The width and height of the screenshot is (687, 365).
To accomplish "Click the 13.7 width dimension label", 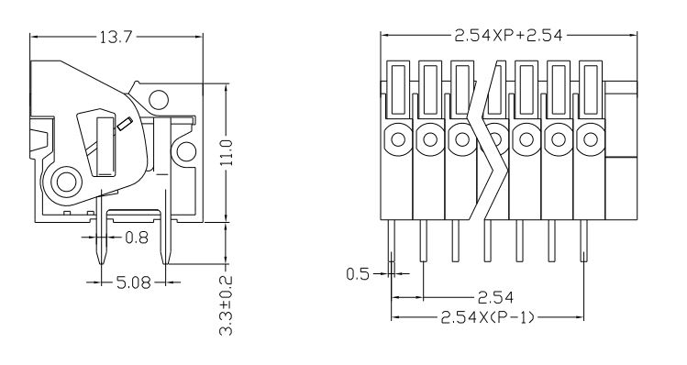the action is (116, 38).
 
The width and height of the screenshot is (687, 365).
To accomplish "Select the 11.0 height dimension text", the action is (227, 153).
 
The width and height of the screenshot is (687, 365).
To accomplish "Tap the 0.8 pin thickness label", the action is (137, 238).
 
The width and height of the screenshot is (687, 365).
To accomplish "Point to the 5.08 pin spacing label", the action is (134, 282).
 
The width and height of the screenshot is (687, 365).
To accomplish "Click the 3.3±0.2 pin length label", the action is (226, 305).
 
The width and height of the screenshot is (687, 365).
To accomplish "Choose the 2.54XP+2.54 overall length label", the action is (508, 36).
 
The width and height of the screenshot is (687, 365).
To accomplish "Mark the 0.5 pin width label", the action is (358, 274).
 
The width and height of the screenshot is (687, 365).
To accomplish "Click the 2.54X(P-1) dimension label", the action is (488, 316).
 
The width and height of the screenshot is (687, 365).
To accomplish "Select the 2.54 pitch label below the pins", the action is (495, 298).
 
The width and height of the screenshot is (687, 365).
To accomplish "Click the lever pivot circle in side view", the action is (67, 182).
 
